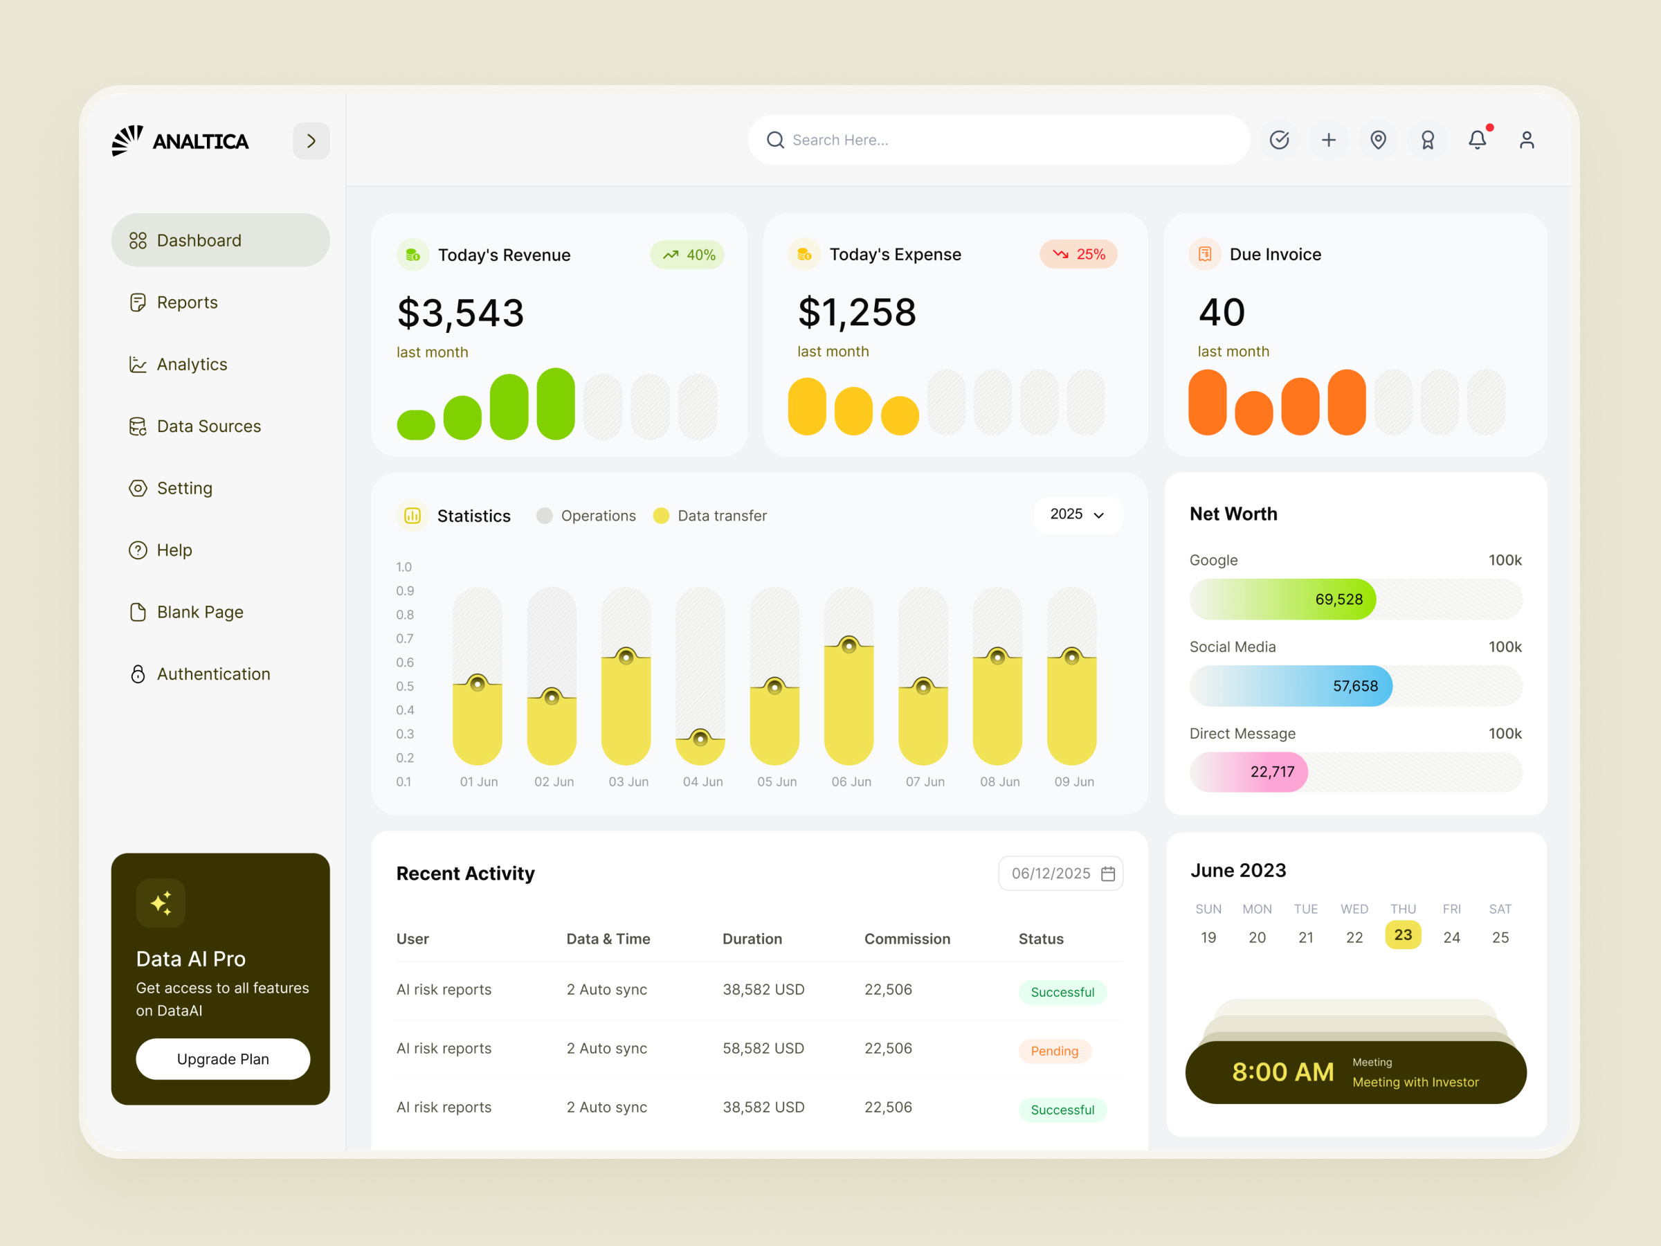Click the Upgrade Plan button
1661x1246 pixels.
pyautogui.click(x=222, y=1059)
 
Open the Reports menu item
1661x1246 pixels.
pyautogui.click(x=187, y=302)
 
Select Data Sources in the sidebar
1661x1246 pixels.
pyautogui.click(x=208, y=426)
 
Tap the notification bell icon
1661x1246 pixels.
pyautogui.click(x=1477, y=140)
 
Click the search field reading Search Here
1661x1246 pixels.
pyautogui.click(x=999, y=140)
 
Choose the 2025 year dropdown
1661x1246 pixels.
pyautogui.click(x=1077, y=514)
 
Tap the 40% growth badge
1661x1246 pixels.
pyautogui.click(x=688, y=255)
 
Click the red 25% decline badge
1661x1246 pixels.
pyautogui.click(x=1078, y=254)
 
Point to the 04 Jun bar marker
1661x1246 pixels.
pyautogui.click(x=700, y=739)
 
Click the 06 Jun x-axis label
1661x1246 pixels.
pyautogui.click(x=851, y=782)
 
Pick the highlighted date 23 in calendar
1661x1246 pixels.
pyautogui.click(x=1403, y=935)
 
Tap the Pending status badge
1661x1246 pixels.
pyautogui.click(x=1054, y=1051)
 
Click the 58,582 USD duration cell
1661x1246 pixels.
pyautogui.click(x=763, y=1049)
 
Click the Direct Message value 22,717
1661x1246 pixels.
pyautogui.click(x=1272, y=772)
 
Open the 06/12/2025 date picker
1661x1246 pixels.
pyautogui.click(x=1060, y=874)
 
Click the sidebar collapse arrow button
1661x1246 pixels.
pyautogui.click(x=311, y=141)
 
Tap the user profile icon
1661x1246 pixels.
pyautogui.click(x=1527, y=140)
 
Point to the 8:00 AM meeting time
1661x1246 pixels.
pyautogui.click(x=1282, y=1072)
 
